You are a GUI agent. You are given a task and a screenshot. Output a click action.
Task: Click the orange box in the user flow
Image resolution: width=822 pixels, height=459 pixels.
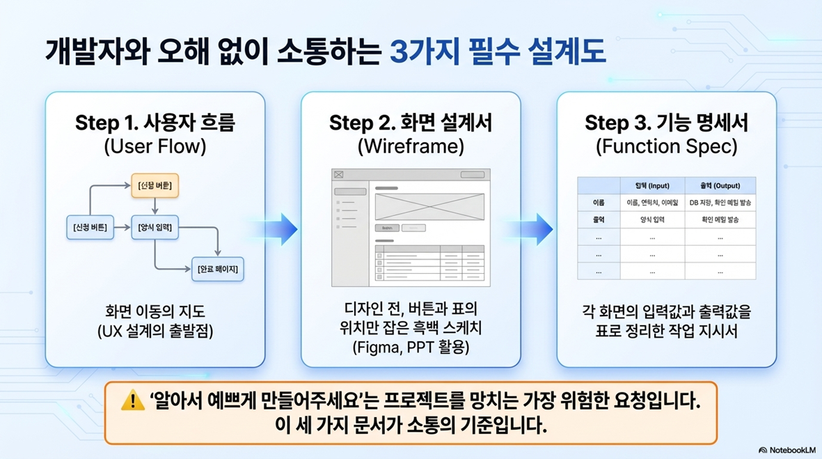[x=155, y=185]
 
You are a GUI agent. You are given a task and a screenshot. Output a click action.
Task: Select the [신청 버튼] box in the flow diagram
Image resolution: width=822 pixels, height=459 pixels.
[x=90, y=227]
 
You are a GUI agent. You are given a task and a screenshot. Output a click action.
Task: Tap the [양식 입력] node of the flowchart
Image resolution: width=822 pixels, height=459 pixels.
[x=155, y=227]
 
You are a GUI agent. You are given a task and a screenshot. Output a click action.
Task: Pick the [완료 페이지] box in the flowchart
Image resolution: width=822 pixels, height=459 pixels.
[x=217, y=269]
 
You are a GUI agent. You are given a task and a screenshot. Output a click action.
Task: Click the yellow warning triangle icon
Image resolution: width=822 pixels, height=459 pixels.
[x=132, y=401]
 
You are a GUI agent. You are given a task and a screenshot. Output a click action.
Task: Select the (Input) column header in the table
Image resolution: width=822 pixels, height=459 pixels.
[x=651, y=186]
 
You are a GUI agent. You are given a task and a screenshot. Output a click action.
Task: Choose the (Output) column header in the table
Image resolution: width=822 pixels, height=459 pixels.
[x=720, y=186]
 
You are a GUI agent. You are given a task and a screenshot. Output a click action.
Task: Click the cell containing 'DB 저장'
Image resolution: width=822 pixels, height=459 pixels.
[x=720, y=203]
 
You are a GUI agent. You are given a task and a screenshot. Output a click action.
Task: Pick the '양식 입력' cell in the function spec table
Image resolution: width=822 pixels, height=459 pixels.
[x=651, y=219]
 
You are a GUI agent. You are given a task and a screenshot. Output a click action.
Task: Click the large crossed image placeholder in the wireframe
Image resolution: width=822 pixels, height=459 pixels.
[x=429, y=205]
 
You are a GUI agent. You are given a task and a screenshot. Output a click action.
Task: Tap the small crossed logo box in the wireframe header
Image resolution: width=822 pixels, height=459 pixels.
[x=339, y=175]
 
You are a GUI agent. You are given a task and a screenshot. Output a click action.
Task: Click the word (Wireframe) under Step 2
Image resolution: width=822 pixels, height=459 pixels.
[x=411, y=148]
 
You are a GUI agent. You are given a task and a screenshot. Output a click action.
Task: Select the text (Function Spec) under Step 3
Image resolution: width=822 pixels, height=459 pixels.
[x=666, y=148]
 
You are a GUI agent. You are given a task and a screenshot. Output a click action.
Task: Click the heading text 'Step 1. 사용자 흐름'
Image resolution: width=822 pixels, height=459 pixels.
[x=155, y=123]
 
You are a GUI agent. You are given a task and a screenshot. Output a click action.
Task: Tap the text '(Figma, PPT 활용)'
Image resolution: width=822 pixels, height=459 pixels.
[x=411, y=346]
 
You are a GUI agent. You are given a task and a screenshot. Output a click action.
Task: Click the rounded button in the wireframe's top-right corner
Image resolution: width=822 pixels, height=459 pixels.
[x=473, y=175]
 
